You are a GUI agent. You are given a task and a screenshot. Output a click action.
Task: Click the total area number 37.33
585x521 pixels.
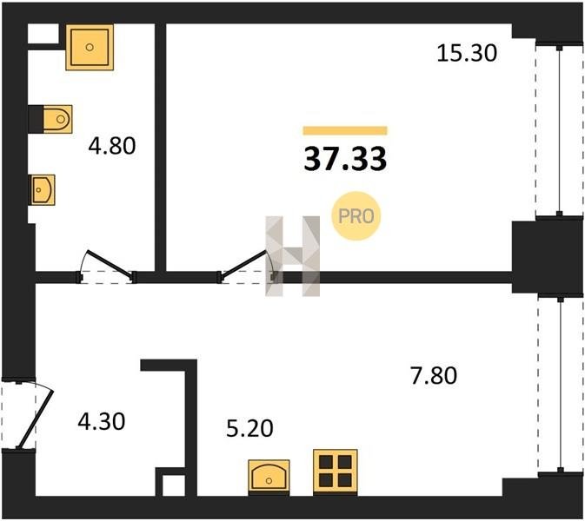345,160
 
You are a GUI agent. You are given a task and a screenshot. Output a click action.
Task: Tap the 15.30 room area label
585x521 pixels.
467,53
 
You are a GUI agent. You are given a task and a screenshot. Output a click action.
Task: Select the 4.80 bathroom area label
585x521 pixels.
112,146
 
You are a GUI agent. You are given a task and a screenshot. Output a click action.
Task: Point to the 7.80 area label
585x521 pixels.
434,375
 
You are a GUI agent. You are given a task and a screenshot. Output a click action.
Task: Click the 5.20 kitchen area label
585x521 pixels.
250,428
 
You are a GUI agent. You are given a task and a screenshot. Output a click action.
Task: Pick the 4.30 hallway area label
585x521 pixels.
102,422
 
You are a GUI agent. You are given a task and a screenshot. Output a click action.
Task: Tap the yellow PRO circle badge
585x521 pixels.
356,215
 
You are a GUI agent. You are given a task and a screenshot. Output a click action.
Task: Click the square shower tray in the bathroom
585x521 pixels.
90,48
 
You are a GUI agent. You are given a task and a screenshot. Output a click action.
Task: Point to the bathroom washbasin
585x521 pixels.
43,190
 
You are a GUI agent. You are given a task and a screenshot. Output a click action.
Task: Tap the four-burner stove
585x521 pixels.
336,471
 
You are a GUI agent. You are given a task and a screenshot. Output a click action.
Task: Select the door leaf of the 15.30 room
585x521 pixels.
244,265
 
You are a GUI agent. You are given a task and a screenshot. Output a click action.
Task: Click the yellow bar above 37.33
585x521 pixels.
345,130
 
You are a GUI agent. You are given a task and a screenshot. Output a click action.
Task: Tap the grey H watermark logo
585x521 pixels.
292,256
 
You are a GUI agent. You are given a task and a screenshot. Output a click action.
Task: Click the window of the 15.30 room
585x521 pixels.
559,130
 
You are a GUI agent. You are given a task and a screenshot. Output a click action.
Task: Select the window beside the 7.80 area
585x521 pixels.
561,385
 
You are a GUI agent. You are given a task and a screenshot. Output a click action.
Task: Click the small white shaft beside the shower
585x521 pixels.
43,34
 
